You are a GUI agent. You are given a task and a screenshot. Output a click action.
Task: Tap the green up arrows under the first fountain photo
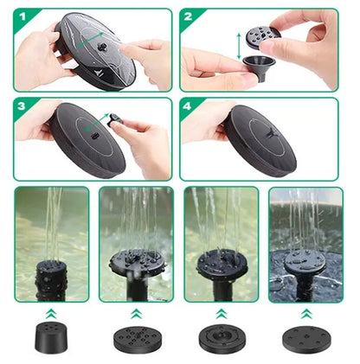[x=52, y=310]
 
